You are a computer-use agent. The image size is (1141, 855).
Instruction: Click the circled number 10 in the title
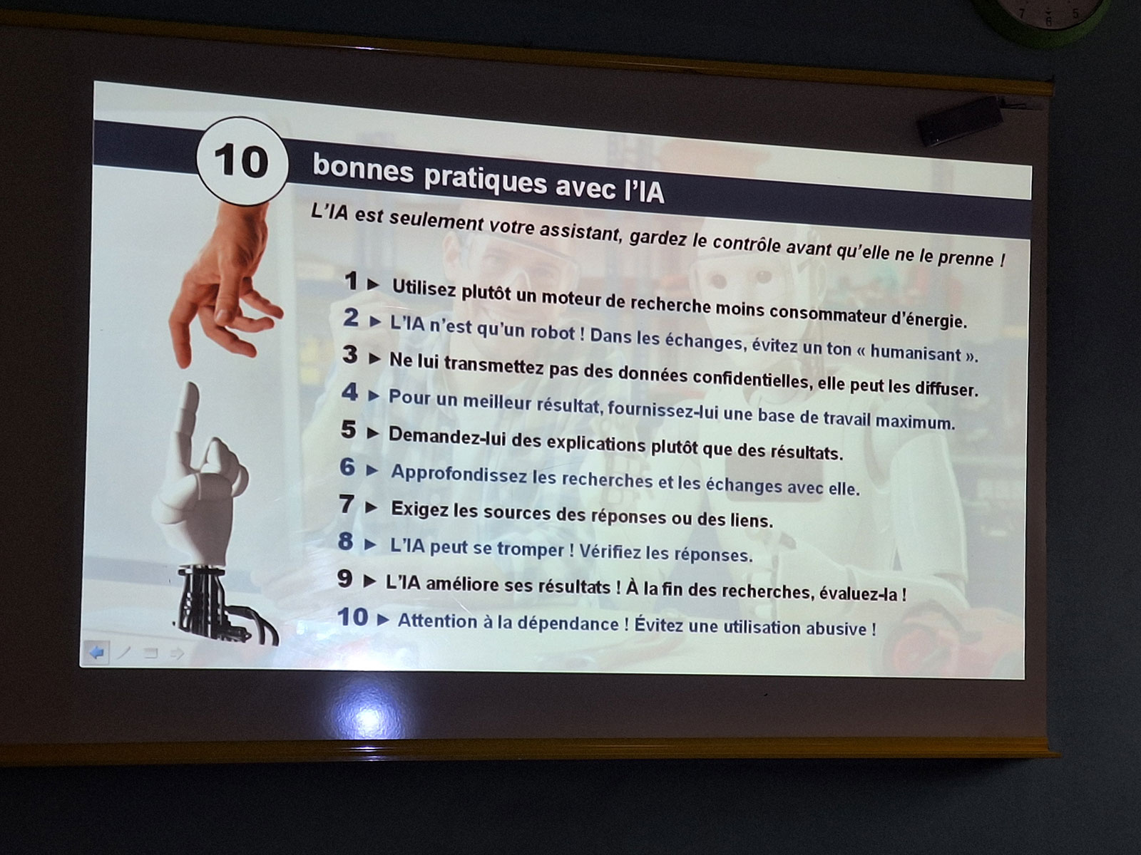[242, 161]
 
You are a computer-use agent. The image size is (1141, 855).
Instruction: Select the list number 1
[352, 281]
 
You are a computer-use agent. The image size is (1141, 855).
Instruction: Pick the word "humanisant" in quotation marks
[916, 353]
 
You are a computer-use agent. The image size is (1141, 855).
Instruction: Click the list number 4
[350, 392]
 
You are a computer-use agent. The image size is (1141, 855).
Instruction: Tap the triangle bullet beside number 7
[371, 507]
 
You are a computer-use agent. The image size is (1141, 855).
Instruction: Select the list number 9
[344, 579]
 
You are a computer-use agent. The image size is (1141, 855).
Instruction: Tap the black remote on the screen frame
[958, 121]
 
